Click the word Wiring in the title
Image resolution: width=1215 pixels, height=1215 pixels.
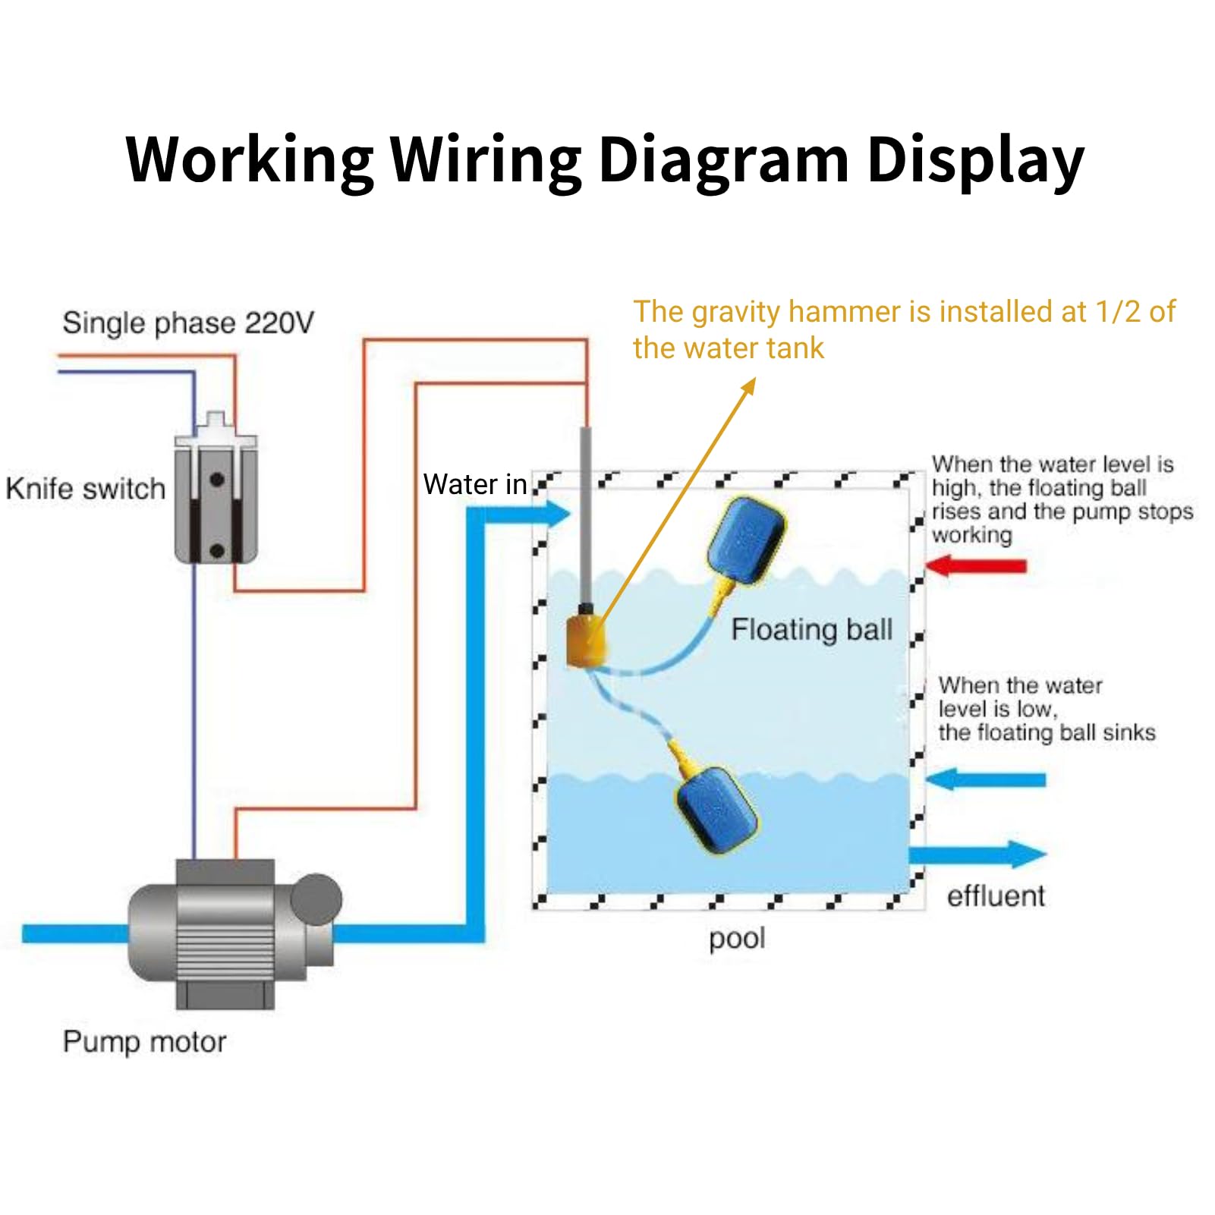click(485, 159)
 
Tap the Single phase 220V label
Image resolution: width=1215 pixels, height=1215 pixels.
click(187, 323)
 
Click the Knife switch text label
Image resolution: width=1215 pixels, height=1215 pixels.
click(85, 489)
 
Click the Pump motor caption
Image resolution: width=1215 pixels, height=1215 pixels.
click(144, 1041)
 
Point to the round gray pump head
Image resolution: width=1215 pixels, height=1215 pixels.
click(316, 899)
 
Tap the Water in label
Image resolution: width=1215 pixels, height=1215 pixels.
click(474, 484)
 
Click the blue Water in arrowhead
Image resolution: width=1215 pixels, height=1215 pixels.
click(558, 515)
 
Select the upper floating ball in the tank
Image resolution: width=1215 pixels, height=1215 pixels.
click(745, 540)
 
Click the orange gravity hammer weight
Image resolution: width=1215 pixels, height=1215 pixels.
click(586, 642)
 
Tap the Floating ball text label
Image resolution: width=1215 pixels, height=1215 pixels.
click(811, 630)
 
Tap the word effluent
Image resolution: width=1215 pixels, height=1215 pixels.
click(996, 896)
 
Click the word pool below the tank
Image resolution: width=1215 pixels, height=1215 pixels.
click(736, 939)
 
